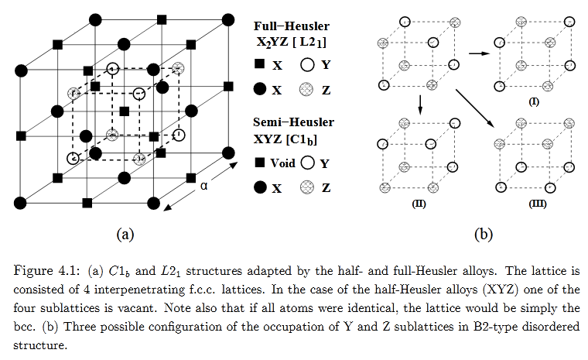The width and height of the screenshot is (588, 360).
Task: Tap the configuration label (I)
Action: point(534,101)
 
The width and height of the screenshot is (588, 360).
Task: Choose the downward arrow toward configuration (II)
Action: point(419,105)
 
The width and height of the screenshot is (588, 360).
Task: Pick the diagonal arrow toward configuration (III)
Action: point(475,108)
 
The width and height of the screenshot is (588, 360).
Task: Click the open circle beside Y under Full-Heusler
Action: point(307,67)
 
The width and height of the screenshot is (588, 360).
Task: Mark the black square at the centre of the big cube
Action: point(125,111)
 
